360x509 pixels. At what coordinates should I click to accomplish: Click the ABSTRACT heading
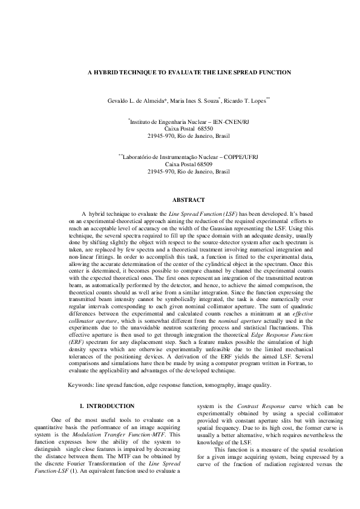[189, 199]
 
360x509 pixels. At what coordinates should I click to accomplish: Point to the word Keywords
[81, 384]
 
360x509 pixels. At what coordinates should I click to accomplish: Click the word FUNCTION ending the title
[271, 72]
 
